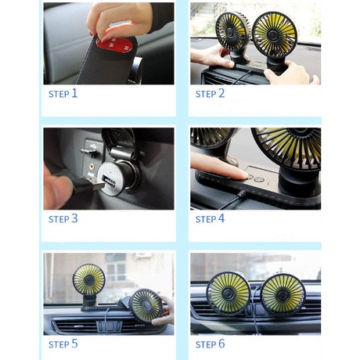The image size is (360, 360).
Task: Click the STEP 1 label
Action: click(63, 93)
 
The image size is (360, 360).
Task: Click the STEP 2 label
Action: click(210, 93)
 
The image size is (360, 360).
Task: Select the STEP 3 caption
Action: click(63, 218)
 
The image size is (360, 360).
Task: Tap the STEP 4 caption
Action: click(210, 218)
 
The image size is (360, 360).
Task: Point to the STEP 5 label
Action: click(63, 344)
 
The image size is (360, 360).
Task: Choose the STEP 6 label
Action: click(210, 344)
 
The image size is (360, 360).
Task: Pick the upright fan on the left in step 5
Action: click(88, 279)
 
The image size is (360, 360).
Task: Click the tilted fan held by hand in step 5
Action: click(145, 304)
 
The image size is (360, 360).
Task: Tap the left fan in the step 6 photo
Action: click(229, 293)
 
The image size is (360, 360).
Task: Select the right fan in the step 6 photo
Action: click(282, 293)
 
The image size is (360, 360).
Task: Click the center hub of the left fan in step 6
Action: click(229, 294)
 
